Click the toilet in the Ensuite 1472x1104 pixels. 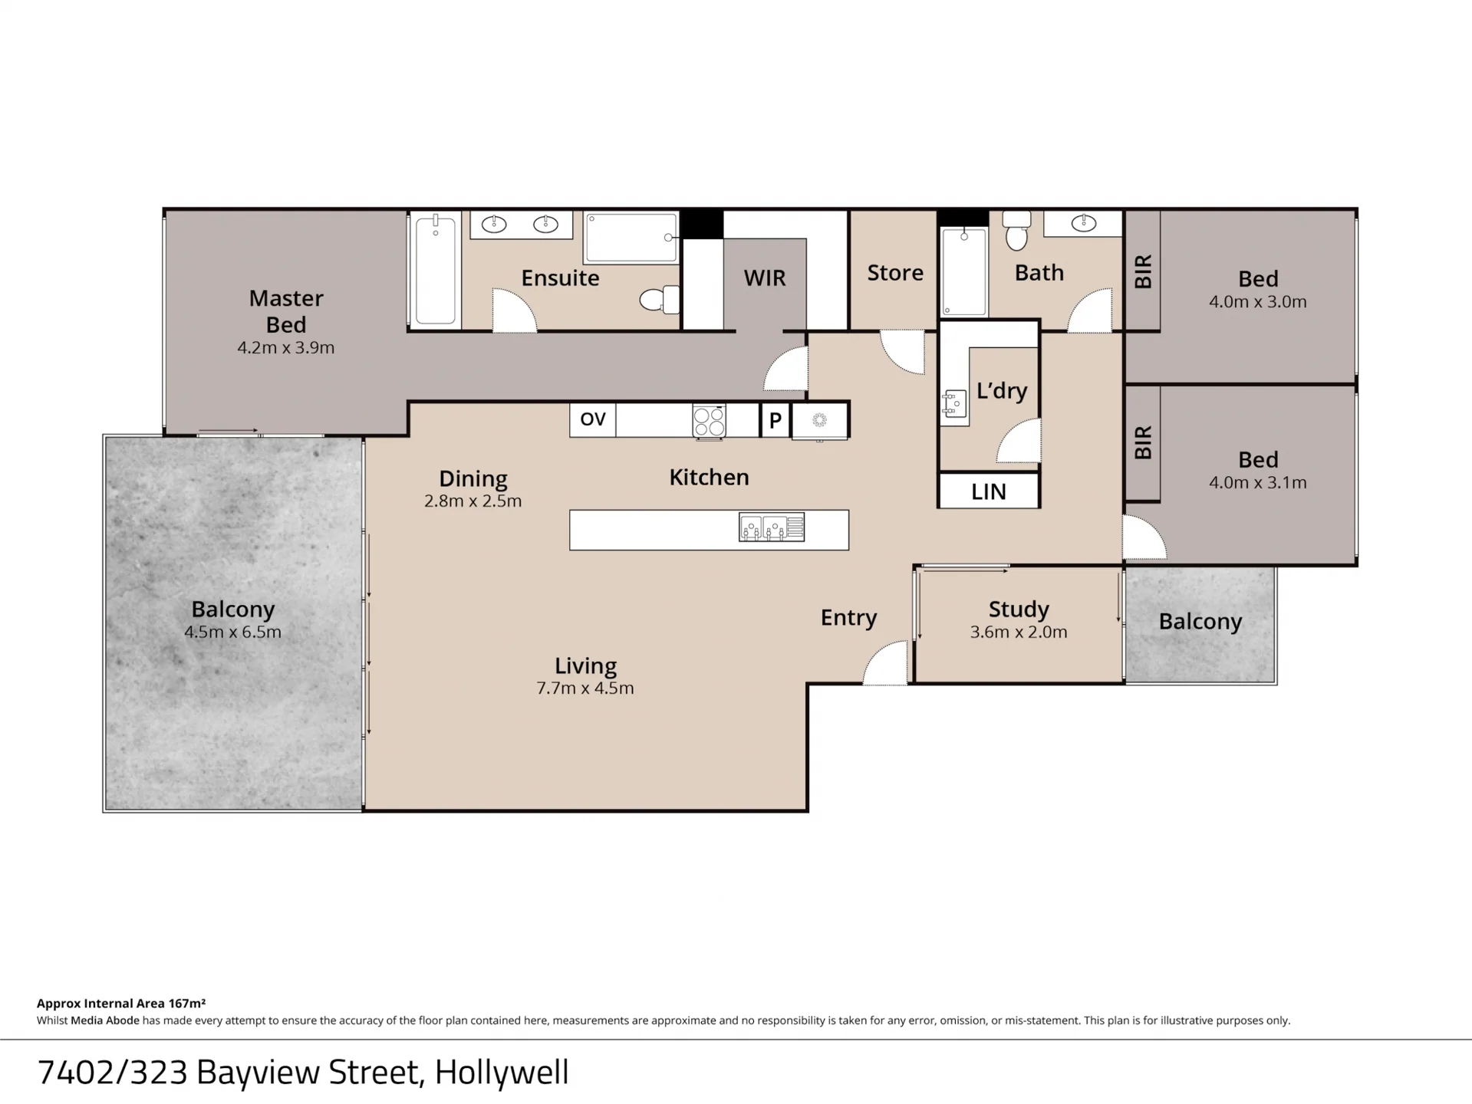click(x=660, y=300)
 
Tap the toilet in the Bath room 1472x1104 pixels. click(x=1016, y=231)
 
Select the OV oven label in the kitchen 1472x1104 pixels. click(x=593, y=419)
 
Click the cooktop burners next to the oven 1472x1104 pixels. click(x=709, y=421)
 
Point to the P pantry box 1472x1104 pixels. click(x=776, y=420)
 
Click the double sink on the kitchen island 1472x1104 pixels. click(x=772, y=527)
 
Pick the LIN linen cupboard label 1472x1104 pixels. click(x=989, y=491)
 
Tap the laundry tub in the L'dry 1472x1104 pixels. click(x=954, y=403)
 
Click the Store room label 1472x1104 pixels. click(x=895, y=273)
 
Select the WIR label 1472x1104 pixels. click(x=765, y=278)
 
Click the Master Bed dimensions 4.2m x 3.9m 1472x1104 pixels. click(x=286, y=347)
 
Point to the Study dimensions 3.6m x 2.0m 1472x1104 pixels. click(x=1019, y=632)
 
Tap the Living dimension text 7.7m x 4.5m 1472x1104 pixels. click(x=585, y=688)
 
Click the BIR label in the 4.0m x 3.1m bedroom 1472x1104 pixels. click(x=1143, y=442)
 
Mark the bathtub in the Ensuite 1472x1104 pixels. click(x=436, y=270)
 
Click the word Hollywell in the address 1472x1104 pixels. click(x=502, y=1072)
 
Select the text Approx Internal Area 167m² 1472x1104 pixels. click(x=121, y=1003)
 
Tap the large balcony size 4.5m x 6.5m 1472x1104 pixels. click(x=232, y=632)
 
